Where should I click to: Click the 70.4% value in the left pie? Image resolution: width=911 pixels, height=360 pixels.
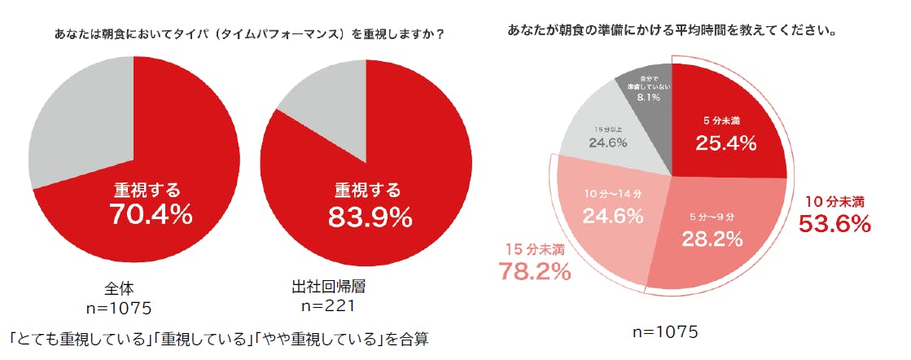click(151, 215)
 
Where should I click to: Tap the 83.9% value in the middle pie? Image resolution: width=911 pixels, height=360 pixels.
click(370, 217)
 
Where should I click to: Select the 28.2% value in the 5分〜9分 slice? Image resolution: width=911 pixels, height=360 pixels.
click(712, 239)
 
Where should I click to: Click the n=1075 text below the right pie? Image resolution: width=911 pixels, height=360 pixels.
click(665, 332)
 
